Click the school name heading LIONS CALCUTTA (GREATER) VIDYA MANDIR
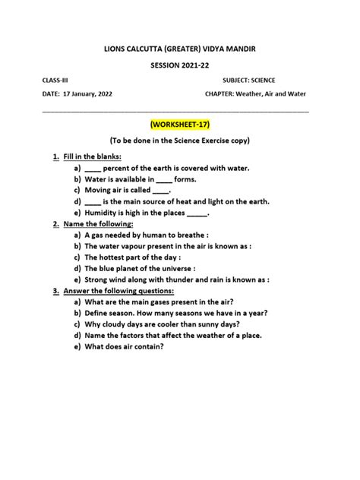click(180, 48)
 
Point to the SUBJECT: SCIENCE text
click(249, 81)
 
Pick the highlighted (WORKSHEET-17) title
click(180, 124)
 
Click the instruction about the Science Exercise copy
click(180, 141)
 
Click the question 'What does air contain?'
click(124, 347)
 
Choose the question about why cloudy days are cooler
click(175, 324)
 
